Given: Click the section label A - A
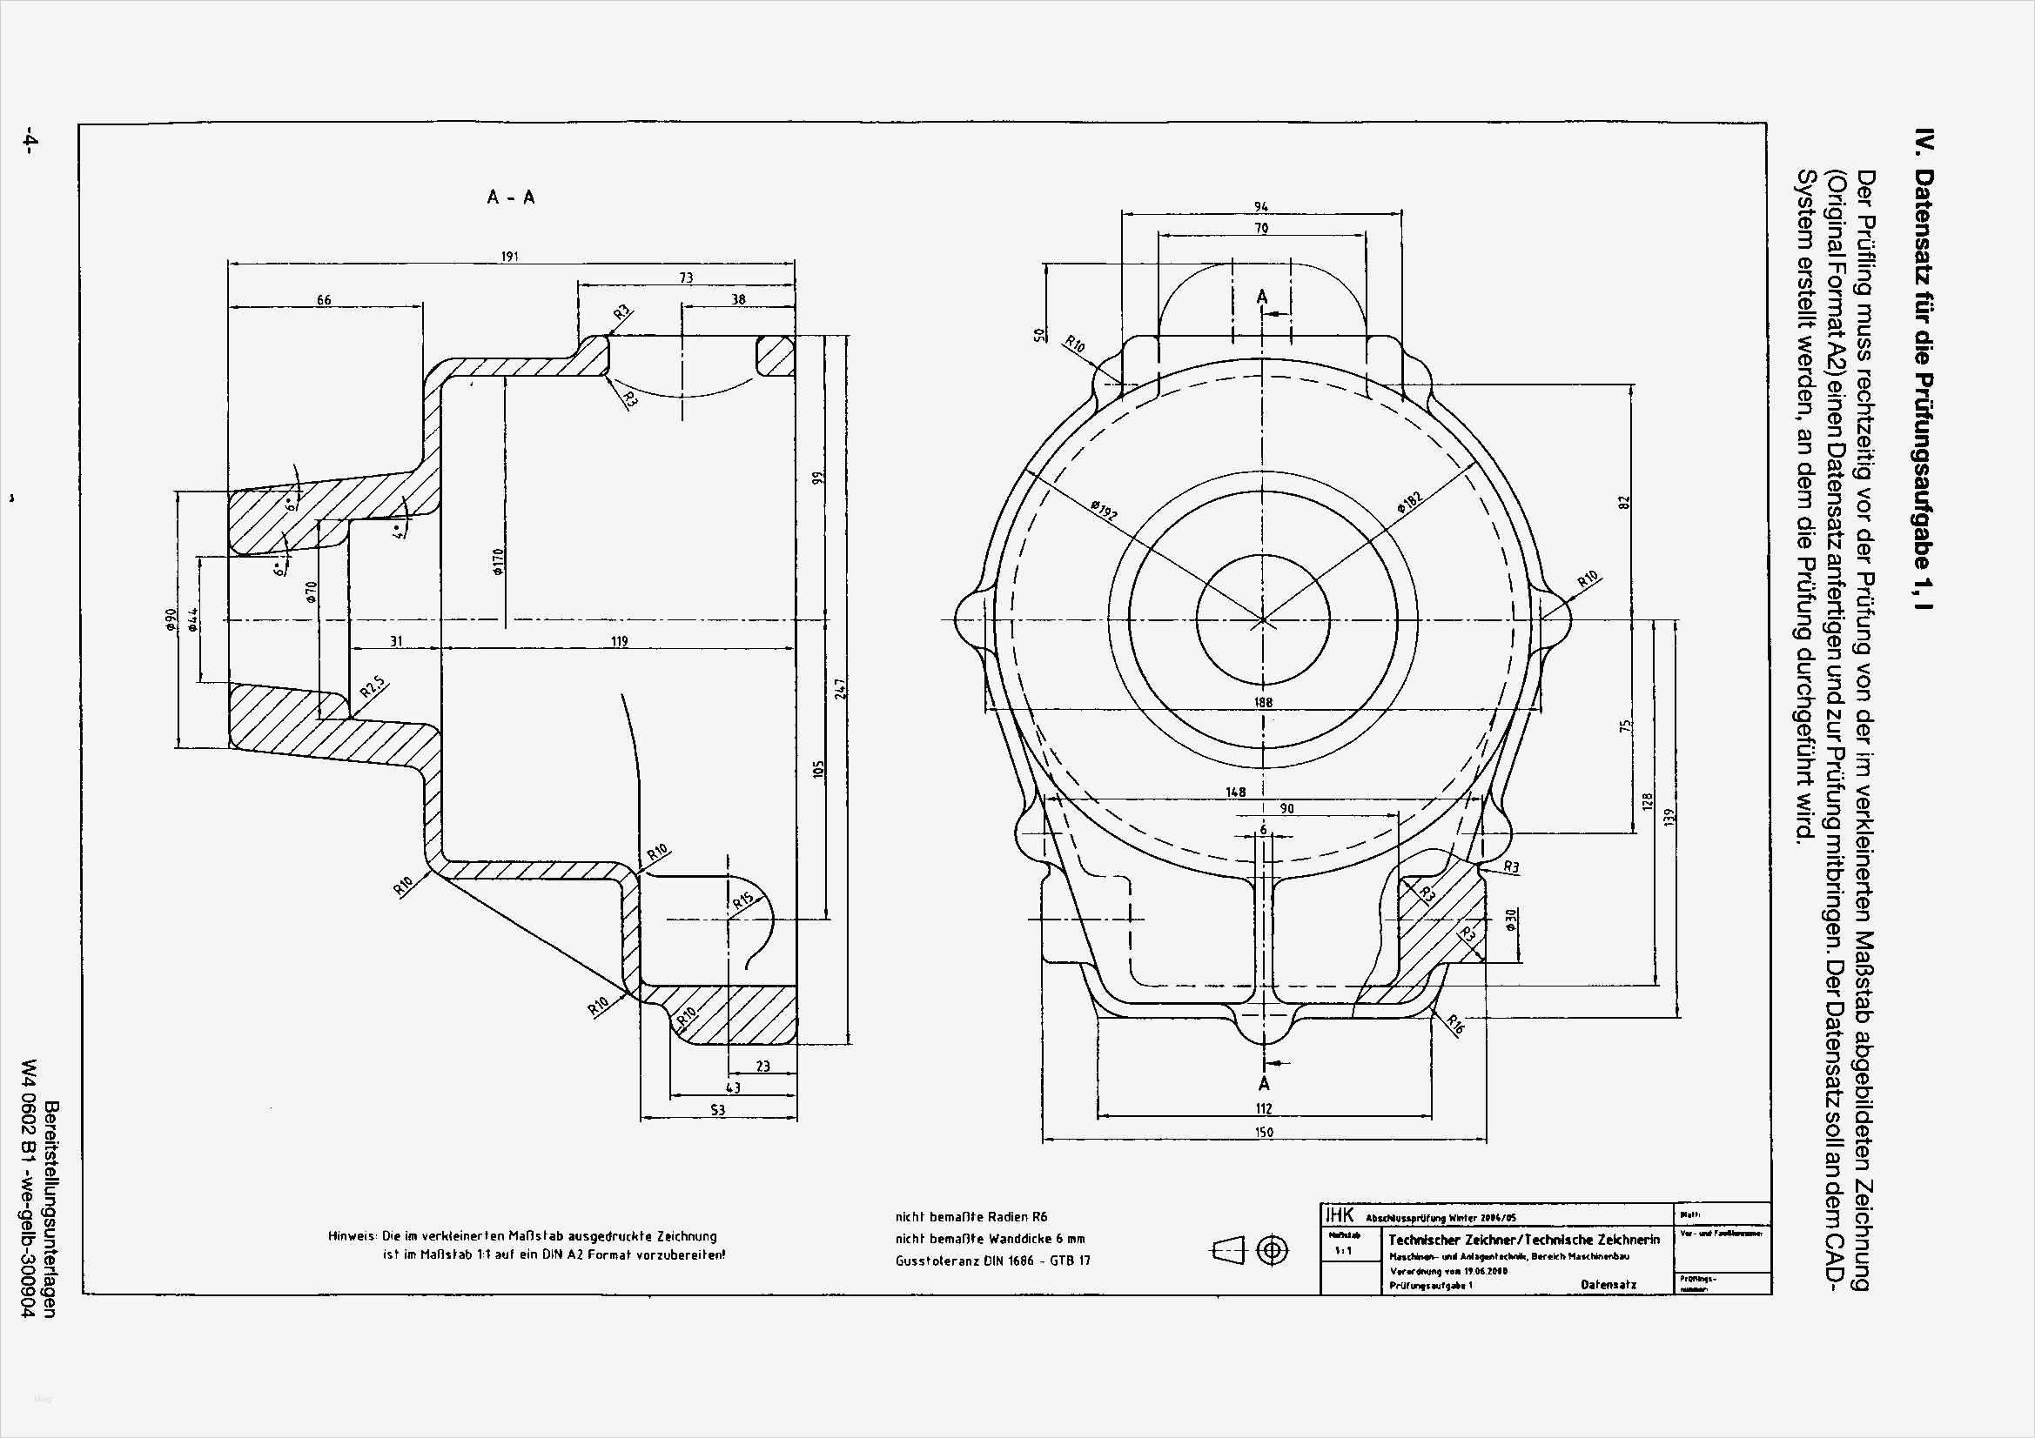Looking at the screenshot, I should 511,197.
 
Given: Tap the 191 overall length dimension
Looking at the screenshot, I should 510,256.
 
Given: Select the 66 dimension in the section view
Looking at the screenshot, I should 324,300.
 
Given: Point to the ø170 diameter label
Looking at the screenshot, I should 498,562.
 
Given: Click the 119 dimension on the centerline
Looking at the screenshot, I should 619,640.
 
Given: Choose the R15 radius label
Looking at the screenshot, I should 742,901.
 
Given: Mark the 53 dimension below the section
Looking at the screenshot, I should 718,1109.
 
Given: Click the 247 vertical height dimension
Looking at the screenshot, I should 840,688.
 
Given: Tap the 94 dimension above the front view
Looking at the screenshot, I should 1260,206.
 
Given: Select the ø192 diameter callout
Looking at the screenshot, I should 1105,511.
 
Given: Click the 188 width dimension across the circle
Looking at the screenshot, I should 1263,702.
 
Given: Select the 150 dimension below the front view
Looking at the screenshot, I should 1264,1132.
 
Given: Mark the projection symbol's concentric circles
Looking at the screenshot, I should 1273,1250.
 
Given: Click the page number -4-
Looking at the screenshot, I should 30,141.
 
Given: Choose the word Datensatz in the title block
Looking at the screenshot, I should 1608,1284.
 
